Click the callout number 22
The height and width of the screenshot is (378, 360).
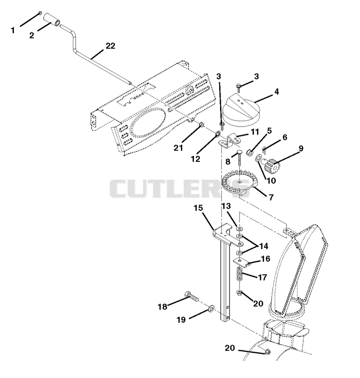coord(110,46)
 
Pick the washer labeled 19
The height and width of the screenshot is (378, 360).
coord(211,308)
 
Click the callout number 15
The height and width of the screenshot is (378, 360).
coord(198,208)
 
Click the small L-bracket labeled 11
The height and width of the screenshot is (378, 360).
coord(228,141)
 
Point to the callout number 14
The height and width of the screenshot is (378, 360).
coord(263,246)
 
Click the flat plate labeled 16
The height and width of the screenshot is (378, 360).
coord(241,262)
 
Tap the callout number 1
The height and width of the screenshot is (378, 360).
coord(13,30)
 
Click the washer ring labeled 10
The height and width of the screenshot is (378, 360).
coord(258,158)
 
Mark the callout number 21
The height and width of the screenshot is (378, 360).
coord(178,148)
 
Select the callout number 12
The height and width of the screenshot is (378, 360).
coord(195,159)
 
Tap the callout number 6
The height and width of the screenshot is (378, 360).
coord(285,137)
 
